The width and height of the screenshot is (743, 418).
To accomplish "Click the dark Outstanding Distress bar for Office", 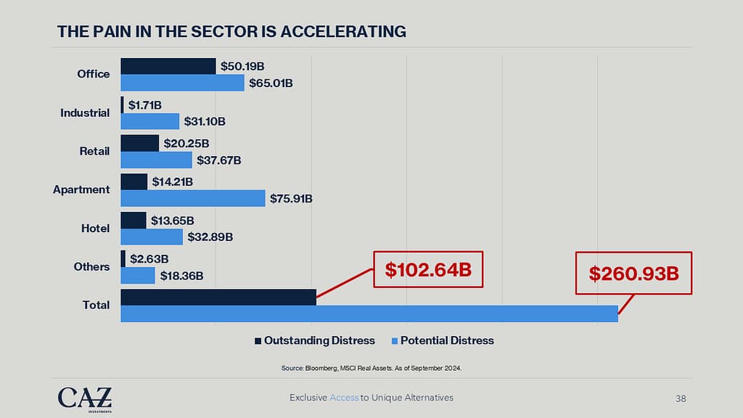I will coord(168,66).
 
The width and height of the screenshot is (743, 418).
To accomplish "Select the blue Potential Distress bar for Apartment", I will coord(192,198).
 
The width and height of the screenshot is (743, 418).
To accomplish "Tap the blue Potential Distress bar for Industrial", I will coord(149,121).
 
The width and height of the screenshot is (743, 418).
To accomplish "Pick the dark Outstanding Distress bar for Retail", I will coord(139,143).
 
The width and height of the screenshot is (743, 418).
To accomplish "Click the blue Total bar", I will coord(369,313).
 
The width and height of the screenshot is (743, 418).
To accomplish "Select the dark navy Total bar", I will coord(218,297).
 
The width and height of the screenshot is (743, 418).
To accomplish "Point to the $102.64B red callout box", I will coord(428,271).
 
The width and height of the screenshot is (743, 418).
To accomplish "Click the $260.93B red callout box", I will coord(633,273).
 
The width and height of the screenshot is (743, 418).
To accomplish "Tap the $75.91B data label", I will coord(291,198).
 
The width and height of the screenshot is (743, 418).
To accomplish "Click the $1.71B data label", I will coord(145,105).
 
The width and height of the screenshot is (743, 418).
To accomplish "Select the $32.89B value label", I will coord(208,237).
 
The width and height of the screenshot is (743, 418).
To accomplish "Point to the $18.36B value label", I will coord(181,276).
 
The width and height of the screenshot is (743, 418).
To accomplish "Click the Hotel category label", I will coord(95,229).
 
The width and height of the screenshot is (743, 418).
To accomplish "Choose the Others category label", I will coord(92,267).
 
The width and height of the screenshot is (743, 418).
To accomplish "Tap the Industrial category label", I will coord(86,113).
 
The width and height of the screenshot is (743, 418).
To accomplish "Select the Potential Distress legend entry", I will coord(442,340).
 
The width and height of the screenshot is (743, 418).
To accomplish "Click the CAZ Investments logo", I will coord(85,398).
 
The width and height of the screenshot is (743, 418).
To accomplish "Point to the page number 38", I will coord(681,398).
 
